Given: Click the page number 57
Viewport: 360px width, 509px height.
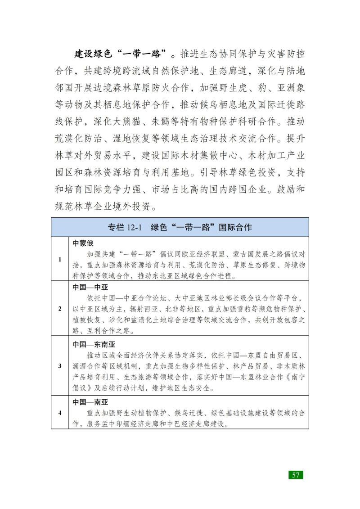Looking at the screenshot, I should [x=296, y=475].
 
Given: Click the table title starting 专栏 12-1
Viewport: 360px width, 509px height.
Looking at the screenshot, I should [x=180, y=227].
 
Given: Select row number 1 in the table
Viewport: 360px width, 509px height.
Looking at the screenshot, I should [x=60, y=259].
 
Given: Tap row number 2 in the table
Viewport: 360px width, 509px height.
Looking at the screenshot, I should [x=60, y=309].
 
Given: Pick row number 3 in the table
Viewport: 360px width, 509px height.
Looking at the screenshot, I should [x=60, y=365].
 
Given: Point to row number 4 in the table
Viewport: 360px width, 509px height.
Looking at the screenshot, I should [x=60, y=413].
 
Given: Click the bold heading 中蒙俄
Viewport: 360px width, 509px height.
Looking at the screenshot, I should [x=83, y=243].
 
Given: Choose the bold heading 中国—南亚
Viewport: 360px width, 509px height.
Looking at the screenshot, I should [x=90, y=401].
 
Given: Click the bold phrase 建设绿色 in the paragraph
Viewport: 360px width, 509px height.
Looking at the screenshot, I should [x=92, y=55].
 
